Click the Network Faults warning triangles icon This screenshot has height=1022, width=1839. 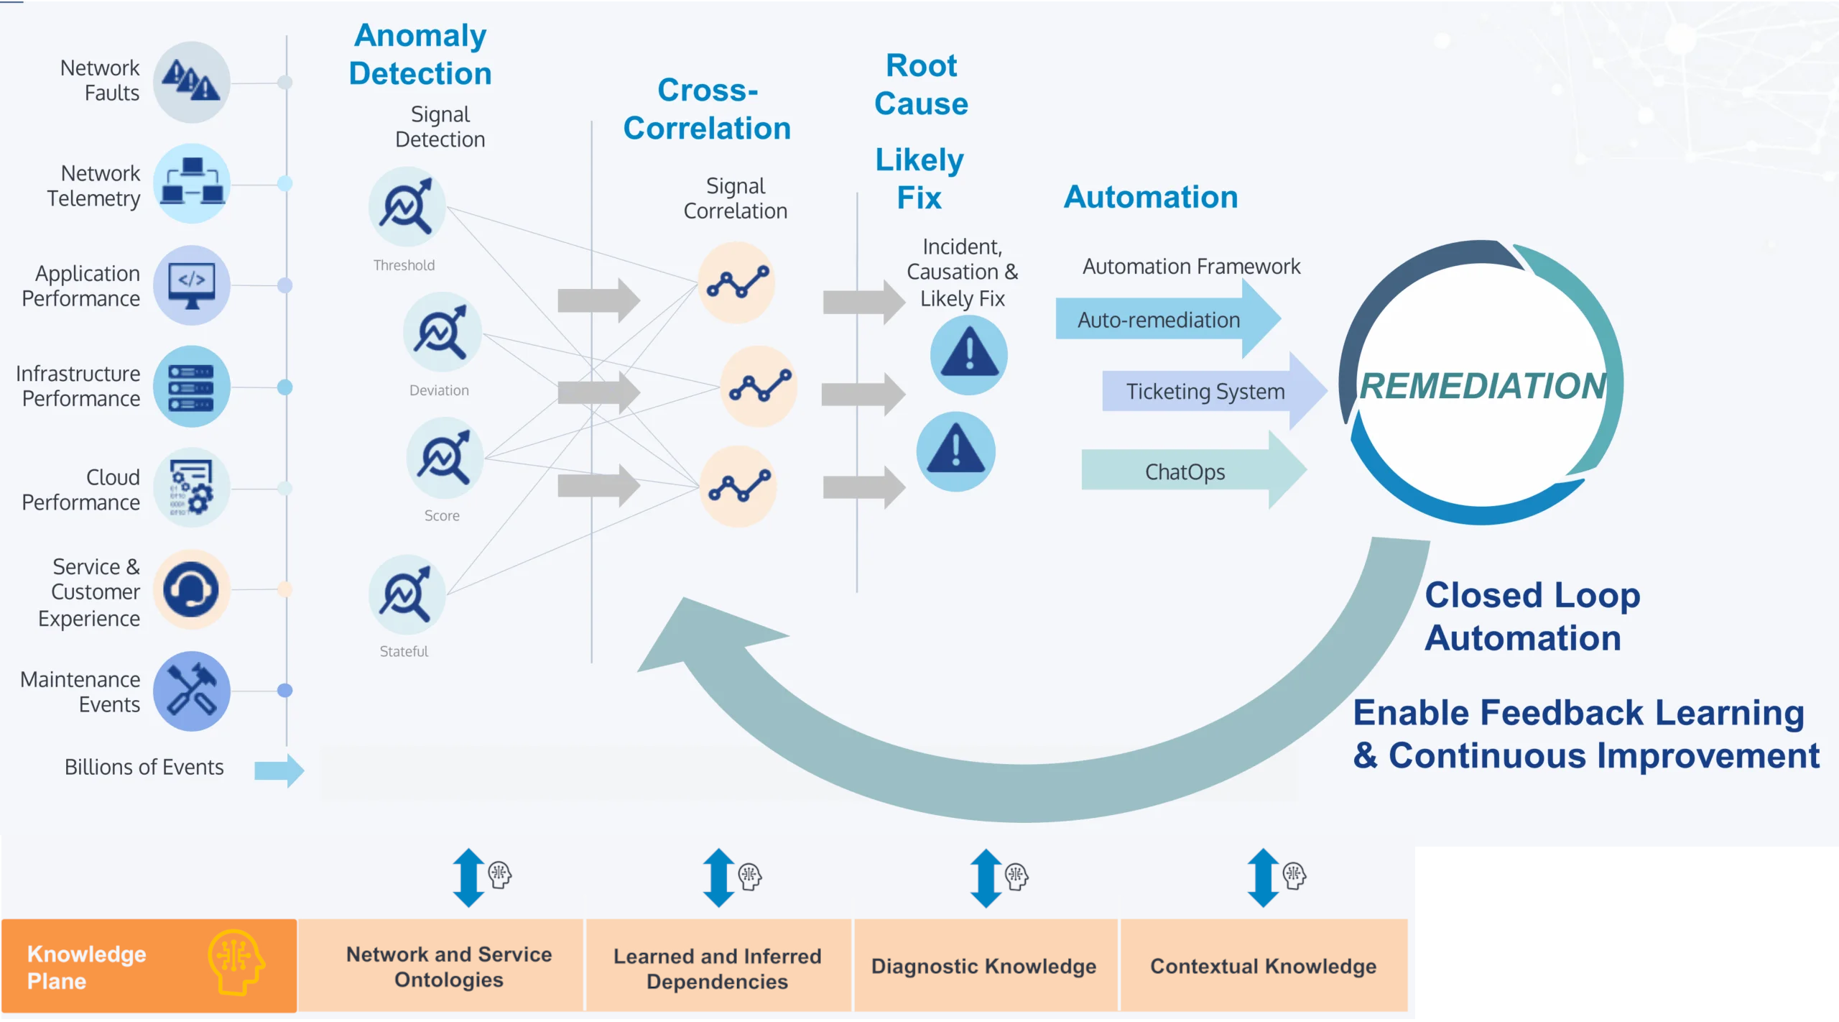tap(191, 82)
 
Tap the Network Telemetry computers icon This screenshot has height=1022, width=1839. tap(191, 183)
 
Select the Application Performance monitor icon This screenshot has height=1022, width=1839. tap(191, 285)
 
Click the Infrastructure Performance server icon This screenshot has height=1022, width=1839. tap(191, 387)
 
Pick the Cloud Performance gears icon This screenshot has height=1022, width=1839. tap(191, 489)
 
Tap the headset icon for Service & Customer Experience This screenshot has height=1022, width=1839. tap(191, 589)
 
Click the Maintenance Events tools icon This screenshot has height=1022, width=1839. tap(191, 691)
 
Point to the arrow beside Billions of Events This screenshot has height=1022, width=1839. tap(279, 770)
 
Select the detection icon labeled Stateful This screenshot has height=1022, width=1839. tap(407, 594)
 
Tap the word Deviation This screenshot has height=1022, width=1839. tap(439, 390)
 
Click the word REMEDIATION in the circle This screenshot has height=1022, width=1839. tap(1483, 386)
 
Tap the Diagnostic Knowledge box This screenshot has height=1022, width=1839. tap(983, 965)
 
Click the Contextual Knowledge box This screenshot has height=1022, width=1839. tap(1263, 965)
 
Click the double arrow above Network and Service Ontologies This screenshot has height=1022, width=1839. tap(469, 878)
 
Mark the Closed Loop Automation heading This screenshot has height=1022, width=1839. tap(1532, 616)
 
